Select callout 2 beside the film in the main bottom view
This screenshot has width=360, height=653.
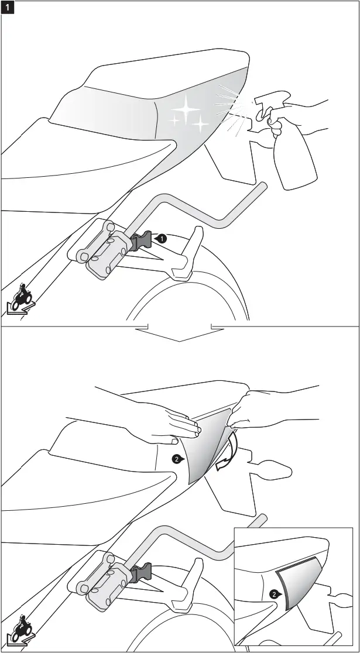tap(176, 459)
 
